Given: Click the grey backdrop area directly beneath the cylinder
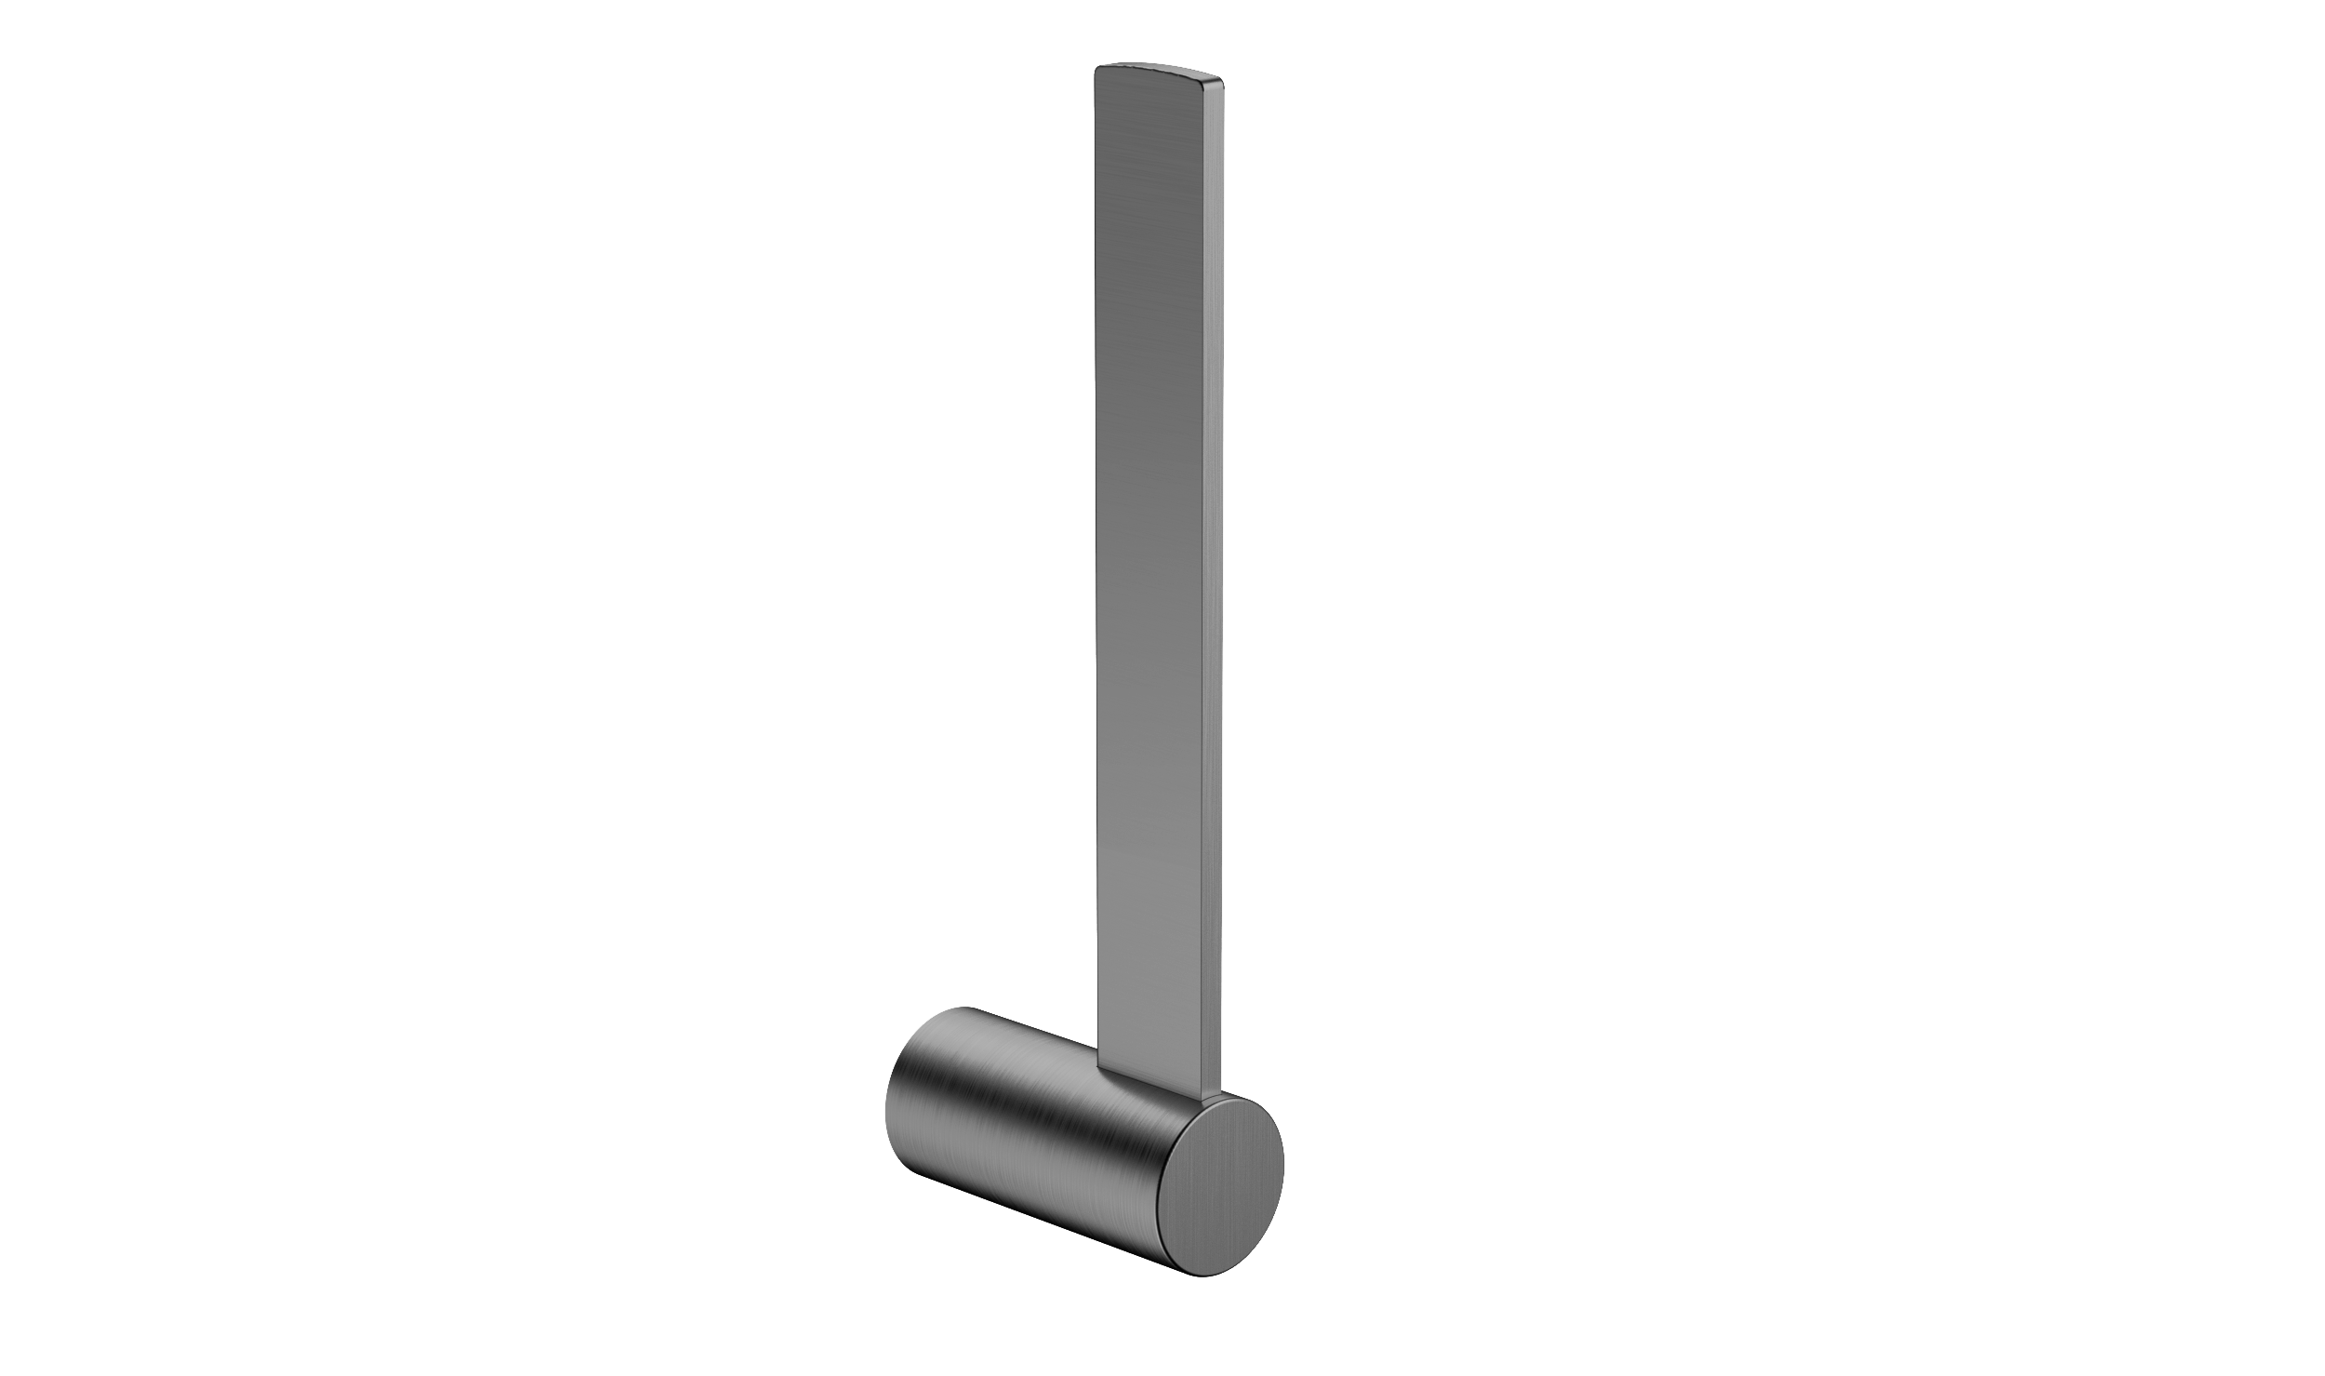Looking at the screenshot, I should pos(976,1247).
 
